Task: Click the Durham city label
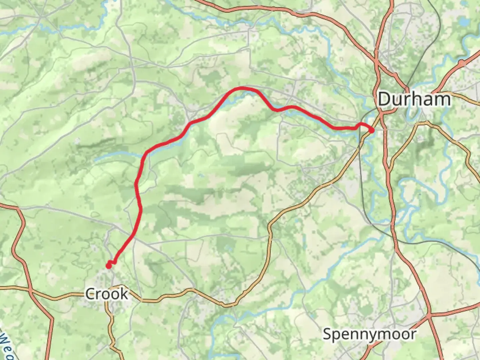tap(414, 99)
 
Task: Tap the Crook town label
tap(106, 294)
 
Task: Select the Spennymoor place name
tap(370, 334)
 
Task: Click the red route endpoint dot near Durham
tap(371, 130)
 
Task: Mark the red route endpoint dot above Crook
tap(109, 265)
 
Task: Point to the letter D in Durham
tap(384, 99)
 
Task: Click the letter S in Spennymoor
tap(327, 334)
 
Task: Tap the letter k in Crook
tap(124, 294)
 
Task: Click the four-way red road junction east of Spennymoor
tap(429, 314)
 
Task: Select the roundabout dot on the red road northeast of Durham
tap(462, 62)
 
